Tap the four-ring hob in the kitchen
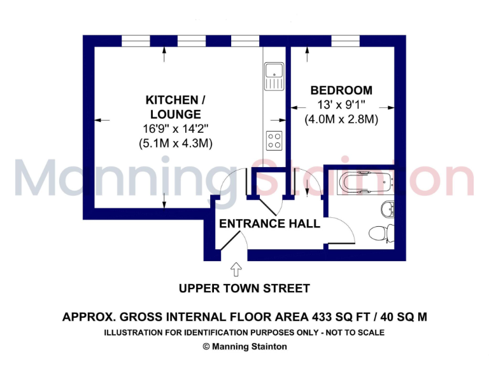tap(274, 139)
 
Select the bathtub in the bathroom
tap(365, 182)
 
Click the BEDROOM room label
tap(341, 90)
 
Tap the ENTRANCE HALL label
tap(269, 224)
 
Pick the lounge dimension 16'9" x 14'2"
tap(175, 129)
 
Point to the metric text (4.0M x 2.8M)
tap(341, 119)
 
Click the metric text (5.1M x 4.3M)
tap(175, 144)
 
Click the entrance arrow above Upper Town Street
tap(236, 269)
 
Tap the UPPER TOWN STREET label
tap(244, 288)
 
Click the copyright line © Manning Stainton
tap(244, 346)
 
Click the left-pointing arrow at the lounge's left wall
tap(102, 119)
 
